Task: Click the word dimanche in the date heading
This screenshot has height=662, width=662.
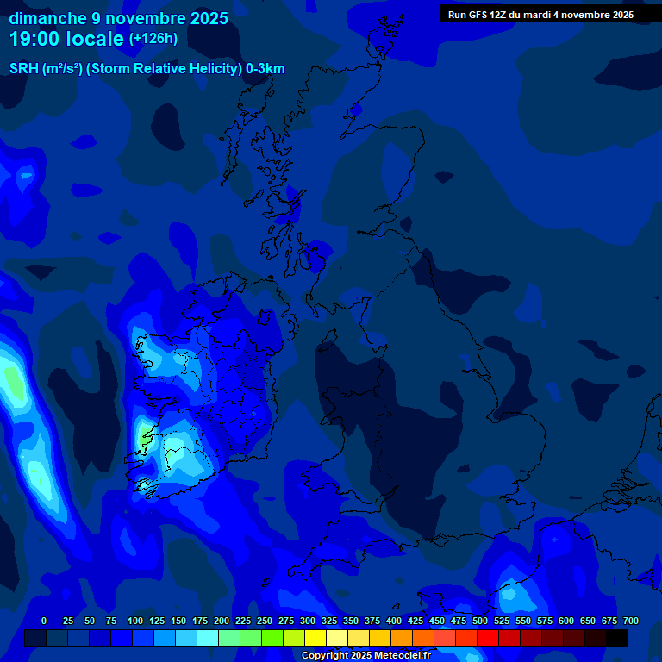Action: point(47,18)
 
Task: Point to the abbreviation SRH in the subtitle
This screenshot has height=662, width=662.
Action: point(23,69)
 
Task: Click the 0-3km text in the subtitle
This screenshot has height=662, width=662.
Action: point(265,69)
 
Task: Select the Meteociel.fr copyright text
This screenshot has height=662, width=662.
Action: point(365,655)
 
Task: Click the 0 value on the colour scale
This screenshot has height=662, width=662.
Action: point(44,621)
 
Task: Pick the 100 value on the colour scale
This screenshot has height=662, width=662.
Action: point(135,621)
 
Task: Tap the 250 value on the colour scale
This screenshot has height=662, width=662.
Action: point(265,621)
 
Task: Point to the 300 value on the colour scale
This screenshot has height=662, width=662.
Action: point(308,621)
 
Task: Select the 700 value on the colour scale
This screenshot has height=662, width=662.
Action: point(630,621)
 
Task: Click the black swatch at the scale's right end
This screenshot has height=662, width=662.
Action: point(617,638)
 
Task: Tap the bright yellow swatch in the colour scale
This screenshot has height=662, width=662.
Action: point(315,638)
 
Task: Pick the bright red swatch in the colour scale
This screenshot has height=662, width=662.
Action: point(488,638)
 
